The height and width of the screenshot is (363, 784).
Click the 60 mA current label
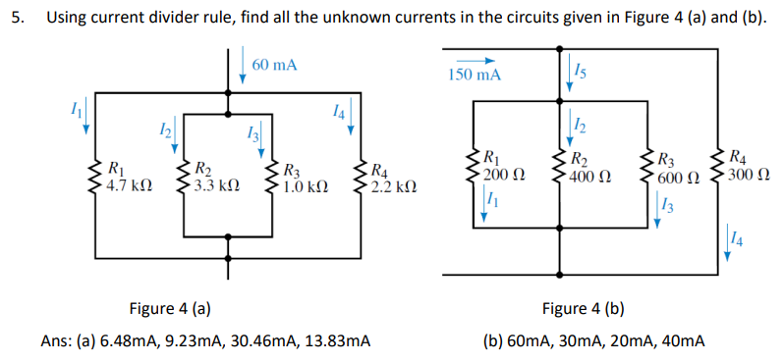(274, 65)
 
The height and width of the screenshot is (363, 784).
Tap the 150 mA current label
(474, 76)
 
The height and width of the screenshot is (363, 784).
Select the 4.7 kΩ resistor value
(129, 182)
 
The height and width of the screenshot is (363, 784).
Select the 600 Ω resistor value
(680, 178)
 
